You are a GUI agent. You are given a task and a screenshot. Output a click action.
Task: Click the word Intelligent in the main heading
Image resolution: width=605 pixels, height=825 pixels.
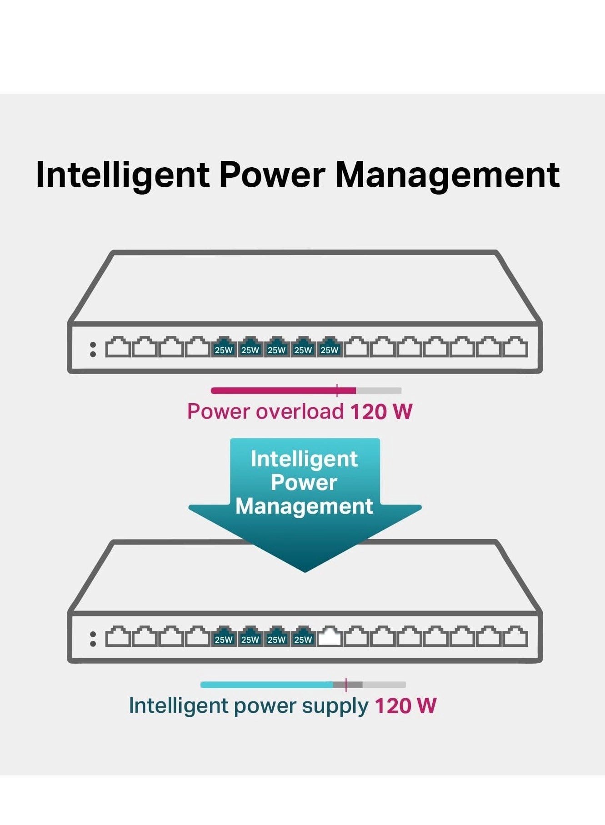coord(123,175)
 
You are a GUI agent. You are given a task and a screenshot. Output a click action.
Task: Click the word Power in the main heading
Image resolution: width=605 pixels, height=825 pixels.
coord(272,175)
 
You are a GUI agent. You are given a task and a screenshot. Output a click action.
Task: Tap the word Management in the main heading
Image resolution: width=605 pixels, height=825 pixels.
coord(447,175)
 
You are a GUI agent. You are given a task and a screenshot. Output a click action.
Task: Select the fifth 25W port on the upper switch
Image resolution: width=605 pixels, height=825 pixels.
coord(330,348)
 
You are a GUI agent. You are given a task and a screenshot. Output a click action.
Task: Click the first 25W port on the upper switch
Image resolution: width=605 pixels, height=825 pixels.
coord(224,348)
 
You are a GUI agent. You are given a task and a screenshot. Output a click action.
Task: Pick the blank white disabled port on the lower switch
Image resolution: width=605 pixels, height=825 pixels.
coord(330,637)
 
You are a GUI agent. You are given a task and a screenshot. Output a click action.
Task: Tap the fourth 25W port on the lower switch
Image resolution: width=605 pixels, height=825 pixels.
coord(303,637)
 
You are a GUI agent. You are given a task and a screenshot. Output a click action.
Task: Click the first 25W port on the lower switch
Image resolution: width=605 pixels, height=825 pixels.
coord(224,637)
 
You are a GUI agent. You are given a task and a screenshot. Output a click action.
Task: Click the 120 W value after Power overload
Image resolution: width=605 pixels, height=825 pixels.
coord(381,412)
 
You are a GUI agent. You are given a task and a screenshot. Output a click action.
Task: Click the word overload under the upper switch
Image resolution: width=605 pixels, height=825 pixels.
coord(300,412)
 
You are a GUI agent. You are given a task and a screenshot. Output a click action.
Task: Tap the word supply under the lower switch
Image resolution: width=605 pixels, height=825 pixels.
coord(335,706)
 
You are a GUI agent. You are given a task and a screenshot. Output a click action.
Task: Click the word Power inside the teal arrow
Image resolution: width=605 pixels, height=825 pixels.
coord(304,483)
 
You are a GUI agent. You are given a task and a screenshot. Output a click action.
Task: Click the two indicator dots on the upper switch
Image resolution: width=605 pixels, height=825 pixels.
coord(93,349)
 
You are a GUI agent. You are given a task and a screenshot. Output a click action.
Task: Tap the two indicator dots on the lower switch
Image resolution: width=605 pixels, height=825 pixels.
coord(93,639)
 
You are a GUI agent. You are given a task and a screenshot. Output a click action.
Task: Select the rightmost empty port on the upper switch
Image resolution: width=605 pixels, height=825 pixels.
coord(515,348)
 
